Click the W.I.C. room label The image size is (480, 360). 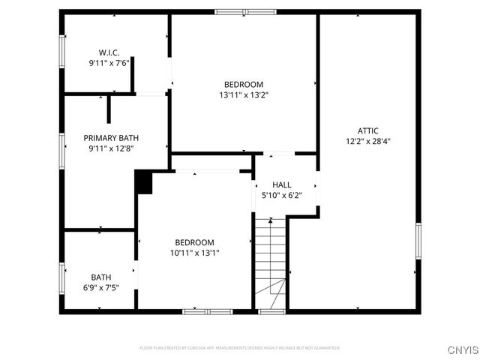[x=109, y=52]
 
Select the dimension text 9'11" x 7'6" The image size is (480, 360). [x=109, y=63]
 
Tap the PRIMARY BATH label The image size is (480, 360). [x=111, y=138]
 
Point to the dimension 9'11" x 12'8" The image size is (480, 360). [x=111, y=148]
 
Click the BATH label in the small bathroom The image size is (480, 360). [x=101, y=277]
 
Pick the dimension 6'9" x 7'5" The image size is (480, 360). [x=101, y=287]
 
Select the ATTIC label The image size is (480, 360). [x=367, y=130]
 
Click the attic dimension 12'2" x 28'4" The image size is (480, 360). [x=367, y=141]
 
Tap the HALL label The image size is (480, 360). [x=282, y=184]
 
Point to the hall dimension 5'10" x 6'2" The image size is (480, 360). [x=282, y=196]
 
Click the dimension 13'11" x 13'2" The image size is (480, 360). [x=244, y=95]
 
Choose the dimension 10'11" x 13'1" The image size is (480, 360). [x=194, y=253]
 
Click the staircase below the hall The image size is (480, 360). [x=271, y=259]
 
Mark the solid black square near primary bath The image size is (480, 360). [x=143, y=182]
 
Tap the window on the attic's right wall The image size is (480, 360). [x=418, y=240]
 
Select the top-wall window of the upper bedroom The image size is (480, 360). [x=244, y=12]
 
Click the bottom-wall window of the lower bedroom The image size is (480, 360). [x=208, y=310]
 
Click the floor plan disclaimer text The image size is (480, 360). [x=240, y=348]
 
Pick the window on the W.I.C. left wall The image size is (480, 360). [x=61, y=52]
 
